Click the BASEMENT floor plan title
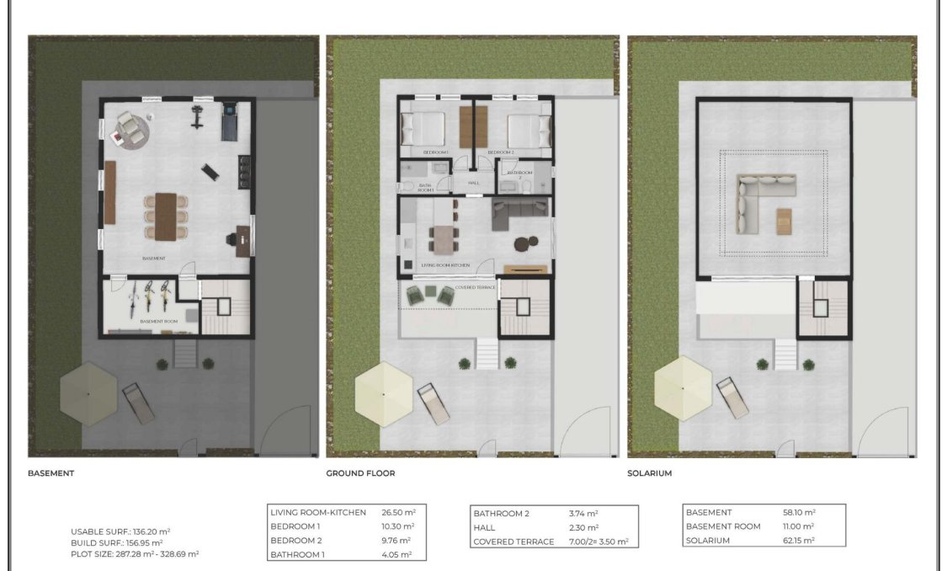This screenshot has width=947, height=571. [51, 473]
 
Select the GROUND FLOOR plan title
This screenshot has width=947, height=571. [360, 473]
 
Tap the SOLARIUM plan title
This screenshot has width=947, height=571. [650, 473]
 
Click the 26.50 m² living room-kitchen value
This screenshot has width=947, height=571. [399, 512]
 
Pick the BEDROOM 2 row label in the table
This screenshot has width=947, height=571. [298, 541]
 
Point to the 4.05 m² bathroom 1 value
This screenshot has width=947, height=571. [399, 555]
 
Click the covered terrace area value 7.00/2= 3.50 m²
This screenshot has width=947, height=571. [599, 542]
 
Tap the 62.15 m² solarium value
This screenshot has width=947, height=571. [799, 541]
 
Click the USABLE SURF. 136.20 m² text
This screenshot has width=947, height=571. [120, 531]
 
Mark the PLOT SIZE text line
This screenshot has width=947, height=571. [135, 554]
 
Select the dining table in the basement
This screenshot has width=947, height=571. [165, 215]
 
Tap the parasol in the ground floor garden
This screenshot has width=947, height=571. [383, 393]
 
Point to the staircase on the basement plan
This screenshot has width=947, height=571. [223, 309]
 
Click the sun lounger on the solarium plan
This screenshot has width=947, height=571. [732, 398]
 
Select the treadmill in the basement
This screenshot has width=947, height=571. [229, 122]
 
